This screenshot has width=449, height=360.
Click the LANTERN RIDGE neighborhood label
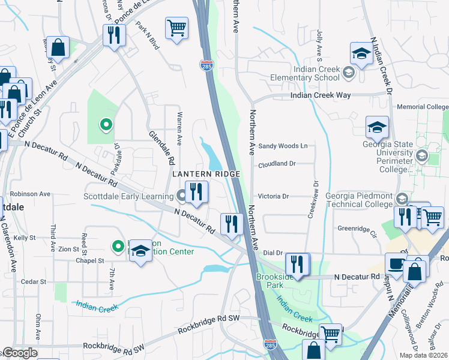coord(206,174)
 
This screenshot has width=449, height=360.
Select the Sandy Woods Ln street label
coord(283,146)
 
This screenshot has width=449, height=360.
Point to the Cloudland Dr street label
coord(277,163)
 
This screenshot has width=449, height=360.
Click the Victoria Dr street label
coord(274,196)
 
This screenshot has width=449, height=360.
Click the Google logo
coord(19,353)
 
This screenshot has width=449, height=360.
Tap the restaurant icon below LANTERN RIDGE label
coord(196,192)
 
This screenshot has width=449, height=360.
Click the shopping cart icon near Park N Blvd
coord(176,28)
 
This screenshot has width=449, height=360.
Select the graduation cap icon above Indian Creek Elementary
coord(362,53)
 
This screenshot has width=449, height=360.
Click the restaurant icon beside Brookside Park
coord(297,263)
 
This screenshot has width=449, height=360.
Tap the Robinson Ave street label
coord(29,194)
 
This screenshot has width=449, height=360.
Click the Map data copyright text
coord(424,355)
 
